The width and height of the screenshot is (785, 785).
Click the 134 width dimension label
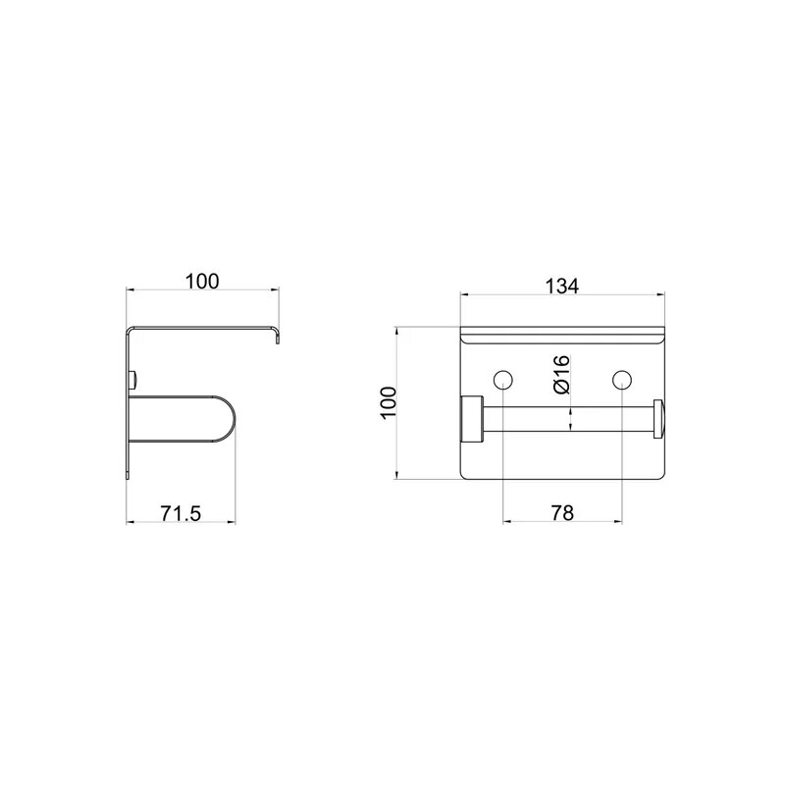point(561,286)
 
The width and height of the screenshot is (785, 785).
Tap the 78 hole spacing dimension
point(561,512)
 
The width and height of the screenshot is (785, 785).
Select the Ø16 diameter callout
point(561,374)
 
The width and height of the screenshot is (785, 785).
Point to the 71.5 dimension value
point(181,513)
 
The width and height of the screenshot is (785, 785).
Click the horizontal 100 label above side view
point(202,282)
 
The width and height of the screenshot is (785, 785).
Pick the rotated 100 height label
point(389,403)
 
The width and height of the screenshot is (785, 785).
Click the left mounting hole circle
point(502,380)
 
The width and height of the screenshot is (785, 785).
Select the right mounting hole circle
point(622,380)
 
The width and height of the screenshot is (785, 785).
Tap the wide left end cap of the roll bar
point(472,419)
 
